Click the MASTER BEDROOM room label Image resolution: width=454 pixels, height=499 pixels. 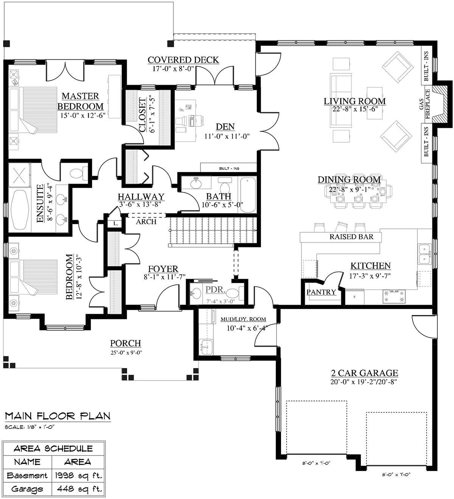coord(80,101)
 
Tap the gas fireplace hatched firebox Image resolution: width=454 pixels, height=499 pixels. coord(439,104)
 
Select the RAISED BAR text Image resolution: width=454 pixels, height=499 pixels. coord(351,236)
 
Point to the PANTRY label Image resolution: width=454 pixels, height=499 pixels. coord(321,292)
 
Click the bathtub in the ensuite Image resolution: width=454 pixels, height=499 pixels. coord(20,210)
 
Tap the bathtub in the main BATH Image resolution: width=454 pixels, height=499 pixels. coord(247,195)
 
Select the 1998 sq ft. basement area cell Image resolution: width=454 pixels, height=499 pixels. coord(78,476)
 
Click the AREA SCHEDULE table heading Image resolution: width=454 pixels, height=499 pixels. coord(53,449)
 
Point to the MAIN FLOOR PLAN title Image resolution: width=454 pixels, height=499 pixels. coord(58,416)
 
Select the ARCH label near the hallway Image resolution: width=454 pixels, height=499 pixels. coord(146,222)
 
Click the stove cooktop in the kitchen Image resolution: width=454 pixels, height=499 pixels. coord(394,297)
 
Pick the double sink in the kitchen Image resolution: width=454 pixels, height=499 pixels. coord(424,254)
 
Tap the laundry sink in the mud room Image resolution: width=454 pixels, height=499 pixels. coord(206,346)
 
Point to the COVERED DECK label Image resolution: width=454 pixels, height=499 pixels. coord(183,60)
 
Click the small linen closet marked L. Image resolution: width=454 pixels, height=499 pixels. coord(115,224)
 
